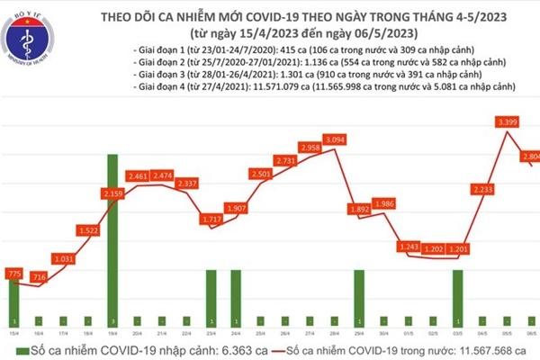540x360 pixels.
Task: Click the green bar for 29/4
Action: coord(358,298)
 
